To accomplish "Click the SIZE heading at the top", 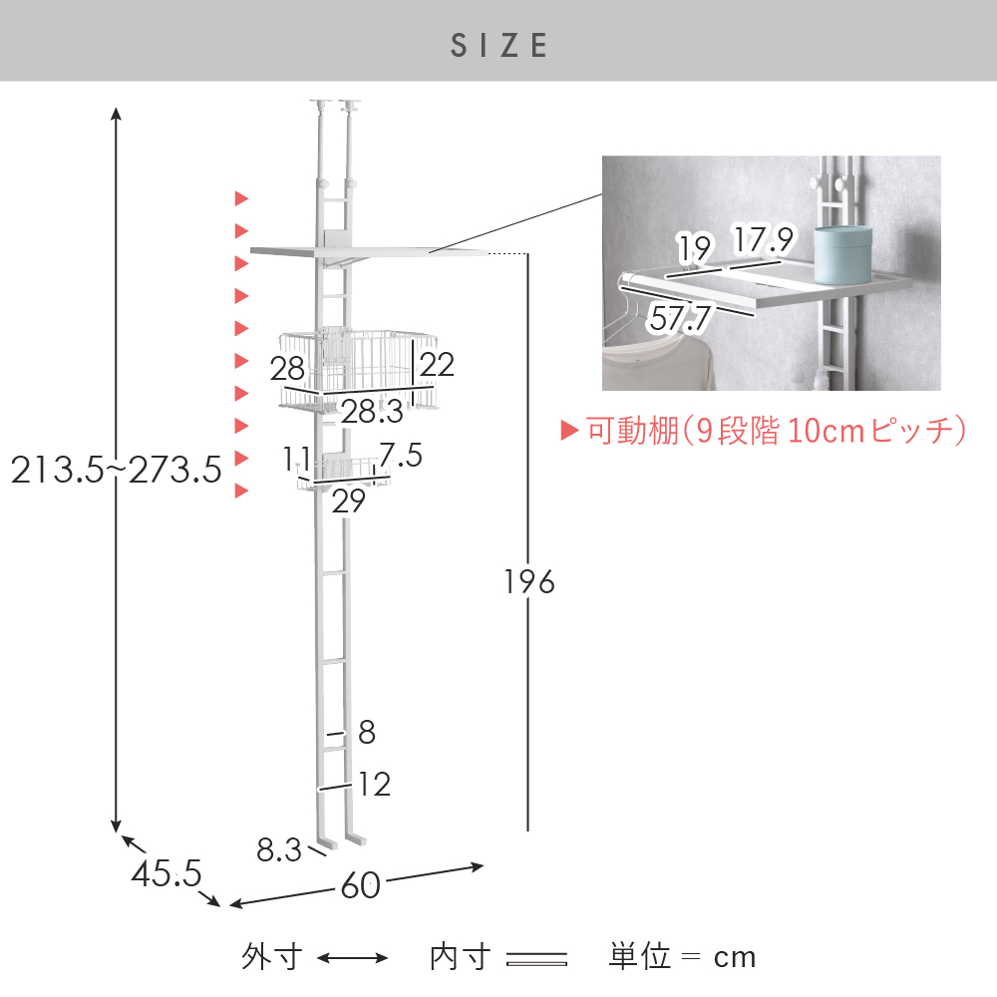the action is click(x=499, y=46).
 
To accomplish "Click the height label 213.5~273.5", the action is click(x=117, y=470).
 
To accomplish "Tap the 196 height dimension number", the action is click(x=529, y=582).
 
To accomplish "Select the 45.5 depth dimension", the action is click(x=166, y=873).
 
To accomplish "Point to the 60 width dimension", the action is click(x=361, y=885).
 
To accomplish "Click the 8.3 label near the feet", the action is click(x=279, y=850).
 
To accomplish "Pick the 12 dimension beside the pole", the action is click(x=374, y=784).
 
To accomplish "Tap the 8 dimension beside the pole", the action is click(x=367, y=732).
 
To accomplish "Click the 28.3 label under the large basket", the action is click(x=373, y=412).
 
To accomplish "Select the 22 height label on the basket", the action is click(x=437, y=364).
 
